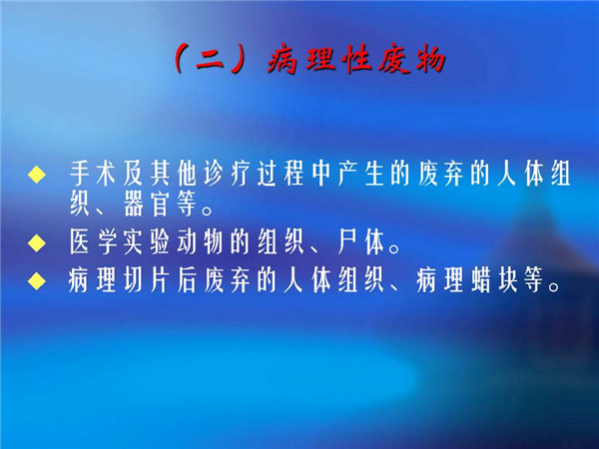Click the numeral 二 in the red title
point(211,60)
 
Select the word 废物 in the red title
point(411,60)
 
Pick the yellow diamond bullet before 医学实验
point(37,242)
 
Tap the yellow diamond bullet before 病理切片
point(37,281)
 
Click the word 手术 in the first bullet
point(93,174)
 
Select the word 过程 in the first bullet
point(281,174)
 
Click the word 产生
point(361,174)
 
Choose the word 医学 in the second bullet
point(93,242)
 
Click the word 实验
point(147,242)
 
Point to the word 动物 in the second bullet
point(201,242)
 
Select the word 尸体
point(361,242)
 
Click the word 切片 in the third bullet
point(147,281)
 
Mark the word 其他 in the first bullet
point(174,174)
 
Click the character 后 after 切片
point(188,281)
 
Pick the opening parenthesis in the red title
point(179,60)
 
